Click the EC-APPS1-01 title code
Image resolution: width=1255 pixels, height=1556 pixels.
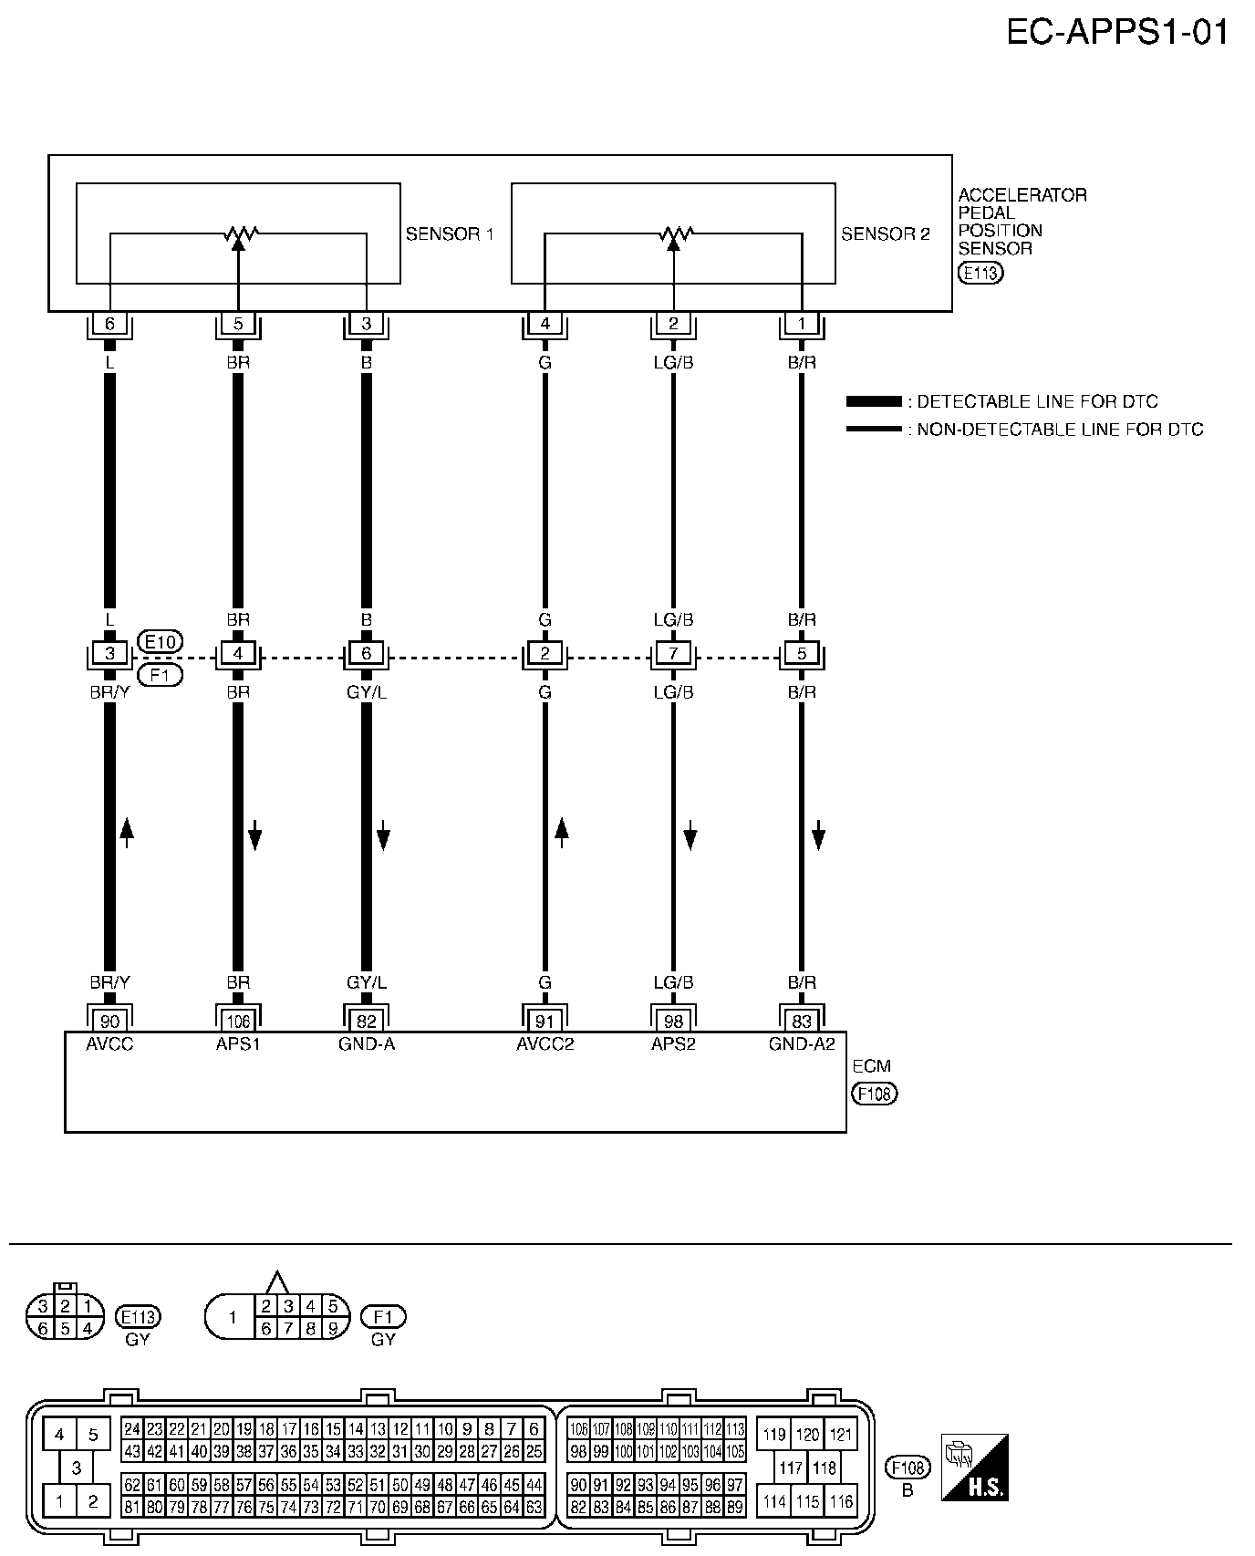point(1117,33)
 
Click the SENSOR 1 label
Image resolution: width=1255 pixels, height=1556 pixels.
point(450,234)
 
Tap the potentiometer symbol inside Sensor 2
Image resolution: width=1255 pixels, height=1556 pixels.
point(674,235)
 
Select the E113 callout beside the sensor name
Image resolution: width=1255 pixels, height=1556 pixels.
point(980,272)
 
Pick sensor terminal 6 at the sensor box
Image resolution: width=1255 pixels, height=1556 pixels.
point(109,323)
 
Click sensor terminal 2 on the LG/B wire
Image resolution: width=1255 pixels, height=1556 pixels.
point(673,323)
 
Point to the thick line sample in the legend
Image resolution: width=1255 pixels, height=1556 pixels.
point(874,401)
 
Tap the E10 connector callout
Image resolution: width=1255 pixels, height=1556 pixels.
point(160,641)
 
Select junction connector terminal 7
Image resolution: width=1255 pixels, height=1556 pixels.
point(673,654)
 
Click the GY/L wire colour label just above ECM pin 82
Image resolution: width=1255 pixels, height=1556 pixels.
point(367,982)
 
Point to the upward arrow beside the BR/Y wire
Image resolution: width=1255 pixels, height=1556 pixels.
point(127,833)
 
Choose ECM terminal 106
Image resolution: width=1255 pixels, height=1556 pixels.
point(238,1022)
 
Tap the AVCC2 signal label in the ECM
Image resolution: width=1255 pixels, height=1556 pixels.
point(545,1044)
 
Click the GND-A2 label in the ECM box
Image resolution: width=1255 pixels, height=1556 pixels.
point(802,1044)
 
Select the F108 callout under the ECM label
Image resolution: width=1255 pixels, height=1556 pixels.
point(875,1093)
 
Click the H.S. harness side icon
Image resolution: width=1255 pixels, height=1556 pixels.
point(974,1468)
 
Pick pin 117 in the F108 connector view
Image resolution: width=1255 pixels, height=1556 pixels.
point(791,1468)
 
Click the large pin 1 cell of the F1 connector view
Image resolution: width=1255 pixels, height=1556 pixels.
point(233,1317)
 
